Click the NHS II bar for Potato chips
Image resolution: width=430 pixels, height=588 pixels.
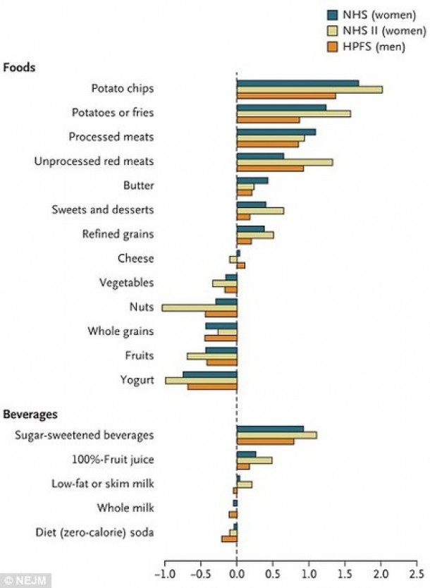[309, 89]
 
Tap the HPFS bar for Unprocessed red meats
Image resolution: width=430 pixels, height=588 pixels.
[270, 169]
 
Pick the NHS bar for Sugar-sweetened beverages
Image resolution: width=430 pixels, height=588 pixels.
[270, 428]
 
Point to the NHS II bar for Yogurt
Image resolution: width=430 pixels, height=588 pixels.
[201, 380]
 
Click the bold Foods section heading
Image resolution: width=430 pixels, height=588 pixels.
[20, 68]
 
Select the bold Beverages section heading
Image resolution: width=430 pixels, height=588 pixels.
[30, 414]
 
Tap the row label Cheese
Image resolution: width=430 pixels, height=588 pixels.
[135, 258]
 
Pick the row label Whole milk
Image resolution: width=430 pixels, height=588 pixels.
[129, 507]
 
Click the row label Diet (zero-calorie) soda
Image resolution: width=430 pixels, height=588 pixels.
[95, 531]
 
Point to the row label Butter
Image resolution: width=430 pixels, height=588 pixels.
[138, 185]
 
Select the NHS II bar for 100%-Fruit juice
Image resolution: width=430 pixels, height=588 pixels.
[254, 460]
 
